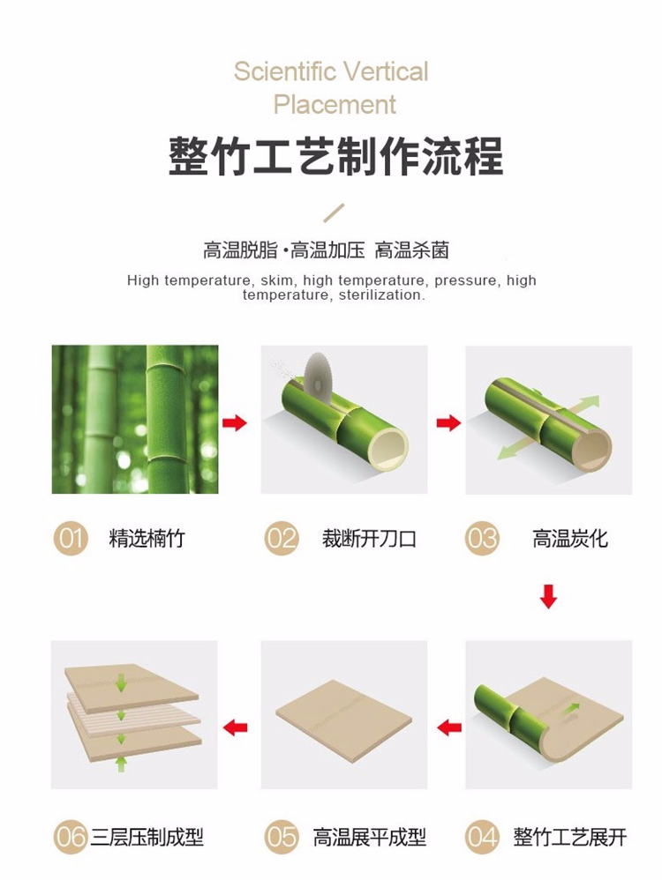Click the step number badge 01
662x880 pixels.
tap(71, 538)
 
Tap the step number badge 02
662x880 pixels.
tap(282, 538)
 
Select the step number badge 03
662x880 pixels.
tap(482, 538)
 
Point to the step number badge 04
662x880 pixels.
tap(482, 838)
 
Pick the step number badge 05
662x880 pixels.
tap(282, 838)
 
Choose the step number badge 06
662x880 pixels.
tap(71, 838)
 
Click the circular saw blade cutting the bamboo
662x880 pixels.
tap(319, 375)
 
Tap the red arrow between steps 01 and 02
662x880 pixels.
tap(234, 422)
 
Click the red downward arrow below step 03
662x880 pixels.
tap(548, 597)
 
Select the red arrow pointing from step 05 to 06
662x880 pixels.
tap(235, 728)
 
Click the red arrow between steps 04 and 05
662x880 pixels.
tap(449, 728)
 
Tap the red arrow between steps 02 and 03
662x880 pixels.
tap(448, 422)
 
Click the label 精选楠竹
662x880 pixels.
tap(147, 539)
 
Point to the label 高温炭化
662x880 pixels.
tap(570, 539)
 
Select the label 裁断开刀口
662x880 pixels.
tap(369, 539)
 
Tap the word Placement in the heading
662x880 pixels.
tap(335, 105)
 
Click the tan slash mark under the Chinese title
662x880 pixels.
tap(334, 213)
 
